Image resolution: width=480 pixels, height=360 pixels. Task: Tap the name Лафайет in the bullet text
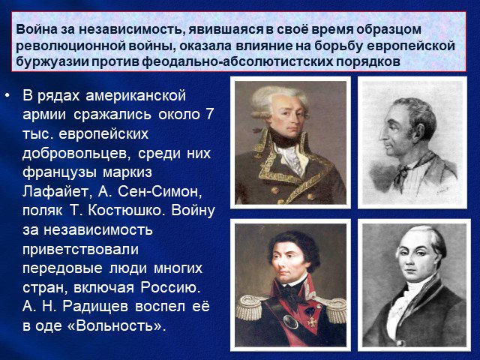[x=55, y=192]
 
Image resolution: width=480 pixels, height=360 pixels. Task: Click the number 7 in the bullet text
[x=210, y=115]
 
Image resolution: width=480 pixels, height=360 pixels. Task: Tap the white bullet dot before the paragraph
[x=7, y=97]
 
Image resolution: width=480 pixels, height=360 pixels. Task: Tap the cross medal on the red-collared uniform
[x=311, y=322]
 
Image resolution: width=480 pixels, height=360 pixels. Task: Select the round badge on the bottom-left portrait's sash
[x=290, y=321]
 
